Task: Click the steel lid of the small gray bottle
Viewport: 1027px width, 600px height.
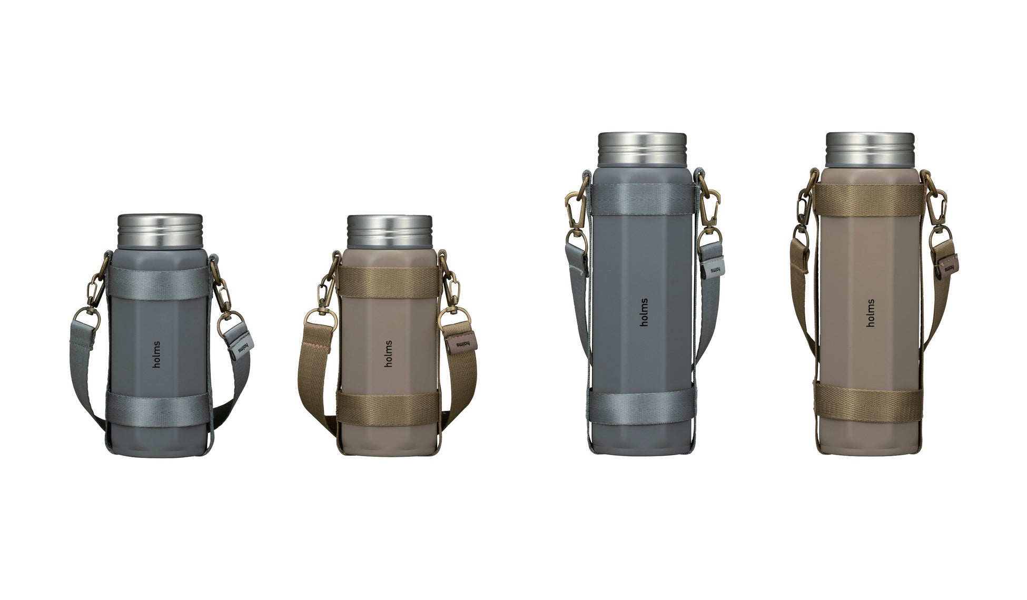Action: pos(160,231)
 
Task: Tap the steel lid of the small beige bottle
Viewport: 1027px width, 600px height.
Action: pos(389,232)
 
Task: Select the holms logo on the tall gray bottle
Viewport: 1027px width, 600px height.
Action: pos(644,312)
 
